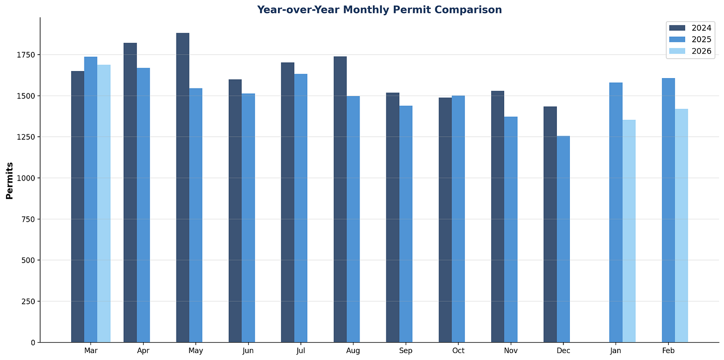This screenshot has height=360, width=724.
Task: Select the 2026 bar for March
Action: pyautogui.click(x=104, y=203)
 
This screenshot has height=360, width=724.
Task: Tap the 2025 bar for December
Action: pyautogui.click(x=563, y=239)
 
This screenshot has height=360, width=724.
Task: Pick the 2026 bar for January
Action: pyautogui.click(x=629, y=231)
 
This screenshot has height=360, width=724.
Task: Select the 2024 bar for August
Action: pyautogui.click(x=340, y=199)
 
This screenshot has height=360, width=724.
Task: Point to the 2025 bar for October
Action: pyautogui.click(x=458, y=219)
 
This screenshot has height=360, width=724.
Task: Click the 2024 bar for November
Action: pyautogui.click(x=497, y=217)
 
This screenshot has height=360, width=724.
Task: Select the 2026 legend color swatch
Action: pyautogui.click(x=677, y=51)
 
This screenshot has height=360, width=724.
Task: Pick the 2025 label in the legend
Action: pyautogui.click(x=701, y=39)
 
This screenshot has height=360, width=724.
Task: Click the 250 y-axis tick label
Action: pyautogui.click(x=28, y=301)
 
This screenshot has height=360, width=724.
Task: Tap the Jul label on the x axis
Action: pyautogui.click(x=300, y=351)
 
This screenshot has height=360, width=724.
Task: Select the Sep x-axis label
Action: pyautogui.click(x=405, y=351)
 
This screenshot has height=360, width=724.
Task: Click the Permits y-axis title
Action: pyautogui.click(x=9, y=180)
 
